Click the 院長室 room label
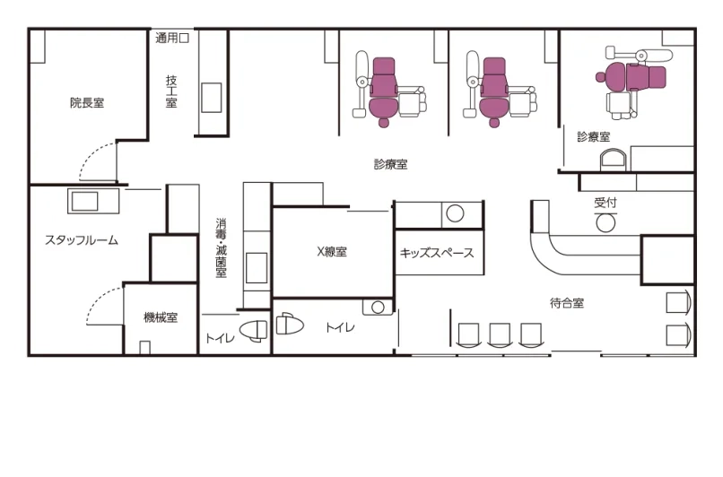(x=87, y=102)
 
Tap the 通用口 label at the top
(x=172, y=38)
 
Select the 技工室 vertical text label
(x=171, y=91)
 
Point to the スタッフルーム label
(x=82, y=240)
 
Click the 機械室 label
(x=161, y=317)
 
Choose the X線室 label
(x=332, y=252)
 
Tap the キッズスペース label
(x=437, y=253)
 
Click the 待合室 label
(x=567, y=303)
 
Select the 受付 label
(x=605, y=203)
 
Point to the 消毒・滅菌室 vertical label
(x=222, y=248)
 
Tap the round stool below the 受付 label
(x=605, y=223)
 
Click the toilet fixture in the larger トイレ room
(x=290, y=324)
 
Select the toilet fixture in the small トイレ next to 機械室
(x=253, y=331)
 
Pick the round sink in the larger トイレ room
(x=379, y=307)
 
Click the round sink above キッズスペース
(x=455, y=213)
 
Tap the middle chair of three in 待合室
(x=500, y=335)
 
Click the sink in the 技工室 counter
(x=211, y=97)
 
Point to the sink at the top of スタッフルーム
(x=85, y=202)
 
